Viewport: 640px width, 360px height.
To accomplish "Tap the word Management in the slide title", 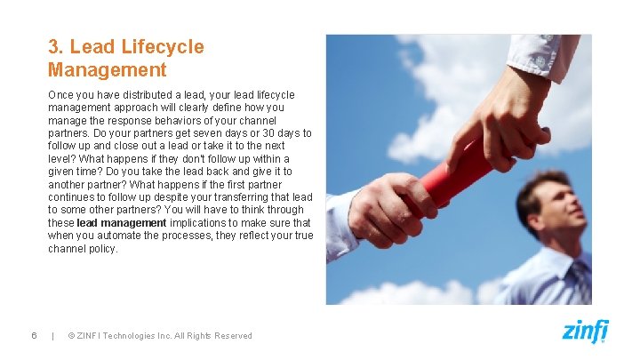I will tap(107, 69).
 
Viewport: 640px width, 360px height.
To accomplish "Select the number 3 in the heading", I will tap(54, 47).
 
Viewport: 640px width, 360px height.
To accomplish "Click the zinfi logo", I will tap(585, 331).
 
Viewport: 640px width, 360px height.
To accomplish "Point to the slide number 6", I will tap(33, 335).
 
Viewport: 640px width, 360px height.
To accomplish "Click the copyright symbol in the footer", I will tap(72, 335).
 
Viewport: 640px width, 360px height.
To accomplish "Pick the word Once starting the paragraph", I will tap(61, 94).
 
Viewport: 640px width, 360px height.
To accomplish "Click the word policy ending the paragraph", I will tap(103, 249).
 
